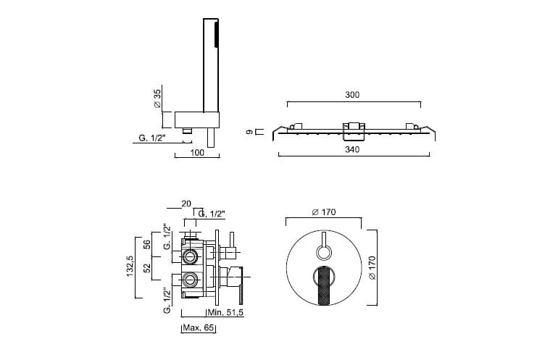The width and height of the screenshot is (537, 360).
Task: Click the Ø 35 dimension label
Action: click(x=157, y=99)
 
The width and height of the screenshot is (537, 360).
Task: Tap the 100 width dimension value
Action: click(x=197, y=153)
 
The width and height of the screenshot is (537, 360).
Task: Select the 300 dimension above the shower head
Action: click(x=352, y=95)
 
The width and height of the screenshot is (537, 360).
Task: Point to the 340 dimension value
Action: click(x=352, y=149)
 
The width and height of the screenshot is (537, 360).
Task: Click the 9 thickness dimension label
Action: click(x=250, y=132)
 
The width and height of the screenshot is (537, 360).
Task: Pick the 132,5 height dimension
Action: click(x=130, y=266)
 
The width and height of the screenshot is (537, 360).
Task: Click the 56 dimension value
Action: click(x=147, y=244)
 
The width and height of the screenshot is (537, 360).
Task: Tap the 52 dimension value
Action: click(x=147, y=267)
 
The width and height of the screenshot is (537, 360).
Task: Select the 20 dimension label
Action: click(x=186, y=204)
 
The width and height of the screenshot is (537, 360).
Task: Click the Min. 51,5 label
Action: click(x=225, y=313)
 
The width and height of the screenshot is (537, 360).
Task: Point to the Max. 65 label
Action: click(x=199, y=328)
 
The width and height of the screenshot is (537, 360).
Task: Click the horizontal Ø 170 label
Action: click(x=324, y=212)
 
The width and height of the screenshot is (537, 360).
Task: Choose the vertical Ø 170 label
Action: click(x=372, y=267)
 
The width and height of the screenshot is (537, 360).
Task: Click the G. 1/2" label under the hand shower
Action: click(x=152, y=138)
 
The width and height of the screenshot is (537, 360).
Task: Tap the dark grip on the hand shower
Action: click(x=216, y=35)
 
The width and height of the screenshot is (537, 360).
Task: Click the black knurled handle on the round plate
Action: click(x=324, y=285)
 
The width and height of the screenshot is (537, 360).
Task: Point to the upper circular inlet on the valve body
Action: click(x=189, y=256)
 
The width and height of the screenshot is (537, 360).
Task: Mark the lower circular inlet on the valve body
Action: click(x=189, y=280)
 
